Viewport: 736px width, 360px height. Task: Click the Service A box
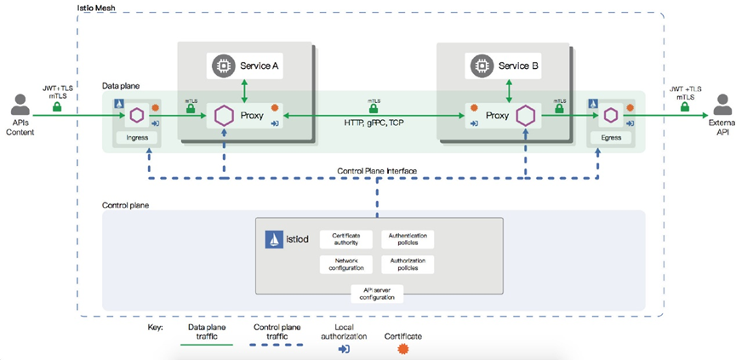coord(244,65)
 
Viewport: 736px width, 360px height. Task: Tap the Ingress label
coord(136,136)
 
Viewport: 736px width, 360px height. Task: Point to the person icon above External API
coord(722,105)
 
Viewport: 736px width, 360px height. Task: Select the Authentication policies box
coord(409,238)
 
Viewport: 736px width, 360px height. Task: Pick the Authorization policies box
coord(409,264)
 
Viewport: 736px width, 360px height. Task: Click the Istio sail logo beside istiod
coord(274,240)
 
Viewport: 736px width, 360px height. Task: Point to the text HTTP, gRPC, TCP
coord(374,122)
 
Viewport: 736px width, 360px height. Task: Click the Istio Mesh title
coord(96,7)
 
